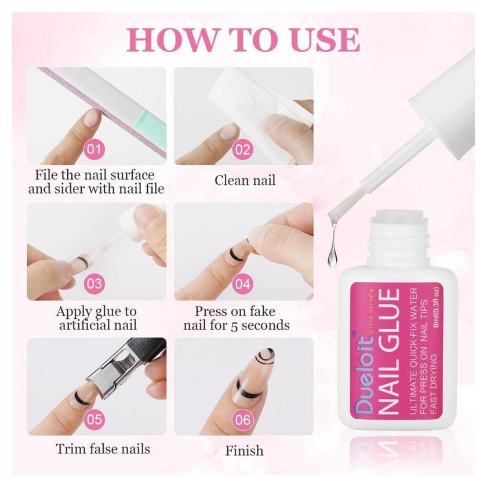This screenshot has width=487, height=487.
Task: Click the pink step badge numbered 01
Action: point(94,150)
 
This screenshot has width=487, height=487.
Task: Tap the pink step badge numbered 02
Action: point(242,150)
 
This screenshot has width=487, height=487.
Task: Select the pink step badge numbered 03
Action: point(94,284)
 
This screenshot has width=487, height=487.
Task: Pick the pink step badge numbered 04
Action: point(242,284)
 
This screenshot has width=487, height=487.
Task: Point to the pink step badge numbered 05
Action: point(94,420)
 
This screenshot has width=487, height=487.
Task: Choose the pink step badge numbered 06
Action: point(242,420)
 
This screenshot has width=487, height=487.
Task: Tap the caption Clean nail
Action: point(245,180)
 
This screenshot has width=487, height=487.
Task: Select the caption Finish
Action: point(244,450)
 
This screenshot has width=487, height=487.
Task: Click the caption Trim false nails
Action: point(103,449)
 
